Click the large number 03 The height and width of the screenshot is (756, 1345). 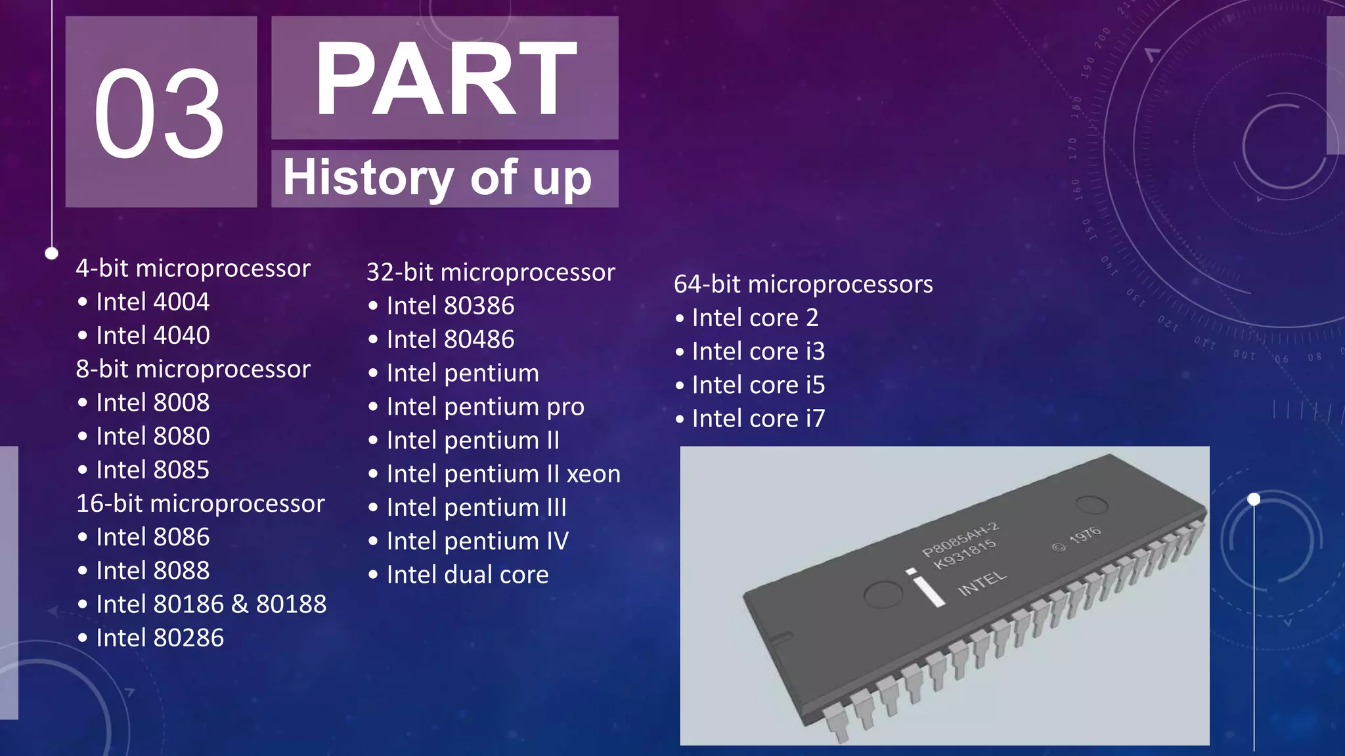[x=160, y=113]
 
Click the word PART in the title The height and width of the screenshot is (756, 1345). [x=445, y=79]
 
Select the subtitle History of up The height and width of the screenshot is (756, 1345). [x=437, y=178]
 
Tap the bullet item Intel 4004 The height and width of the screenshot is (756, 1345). [x=152, y=302]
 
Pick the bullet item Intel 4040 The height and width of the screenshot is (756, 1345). [x=152, y=335]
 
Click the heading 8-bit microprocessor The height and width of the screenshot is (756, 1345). [x=193, y=369]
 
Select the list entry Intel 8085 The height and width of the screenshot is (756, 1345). [x=152, y=470]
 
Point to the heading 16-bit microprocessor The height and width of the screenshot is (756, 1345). [x=200, y=503]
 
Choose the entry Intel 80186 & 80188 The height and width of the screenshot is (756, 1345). [x=211, y=604]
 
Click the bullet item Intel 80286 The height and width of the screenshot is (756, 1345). [x=160, y=638]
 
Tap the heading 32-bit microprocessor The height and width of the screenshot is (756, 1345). [x=491, y=272]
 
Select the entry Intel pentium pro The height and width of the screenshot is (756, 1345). [x=485, y=407]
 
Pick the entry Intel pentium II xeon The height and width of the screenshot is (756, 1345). [x=503, y=474]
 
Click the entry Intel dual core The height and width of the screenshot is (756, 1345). [x=467, y=575]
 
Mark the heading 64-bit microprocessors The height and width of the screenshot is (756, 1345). [x=803, y=284]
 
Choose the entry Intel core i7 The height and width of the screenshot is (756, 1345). [x=758, y=419]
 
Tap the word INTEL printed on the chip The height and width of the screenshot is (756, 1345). [x=982, y=583]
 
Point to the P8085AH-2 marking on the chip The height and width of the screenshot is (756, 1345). [x=960, y=539]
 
